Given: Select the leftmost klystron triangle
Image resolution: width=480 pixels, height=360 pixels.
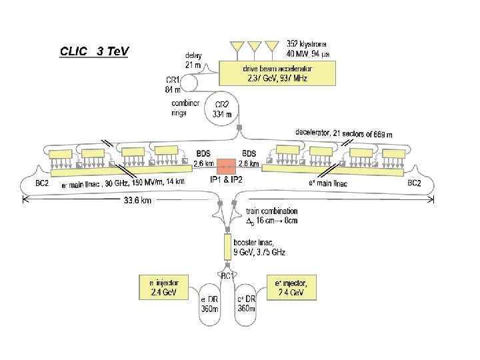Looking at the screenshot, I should (x=237, y=47).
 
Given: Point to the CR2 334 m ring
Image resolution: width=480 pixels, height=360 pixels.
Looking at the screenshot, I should (x=223, y=109).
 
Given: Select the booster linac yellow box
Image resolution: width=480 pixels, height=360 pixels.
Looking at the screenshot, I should (x=227, y=247).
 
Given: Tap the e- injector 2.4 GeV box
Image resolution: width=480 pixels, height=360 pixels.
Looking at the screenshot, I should (x=163, y=288).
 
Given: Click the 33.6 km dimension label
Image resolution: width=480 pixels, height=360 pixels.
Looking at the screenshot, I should (x=136, y=201).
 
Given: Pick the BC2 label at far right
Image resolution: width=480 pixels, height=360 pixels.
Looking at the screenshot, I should (x=414, y=183).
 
